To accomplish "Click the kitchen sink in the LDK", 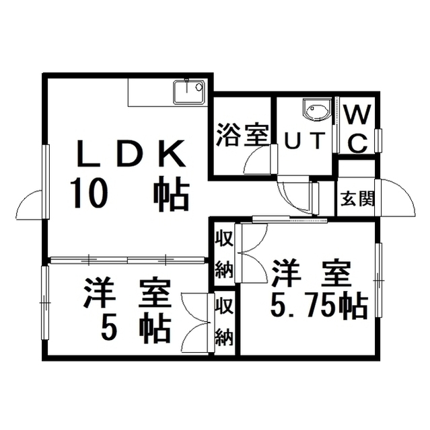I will (189, 90).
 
